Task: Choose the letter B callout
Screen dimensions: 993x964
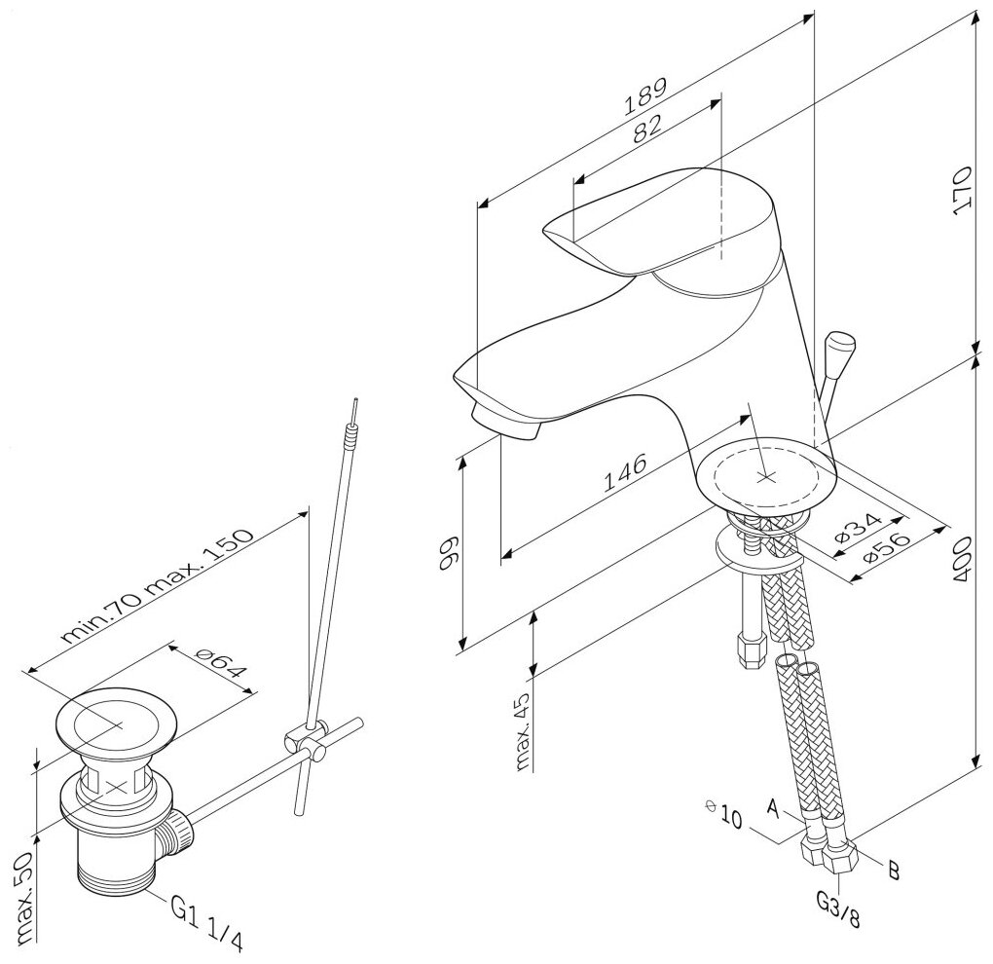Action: [893, 870]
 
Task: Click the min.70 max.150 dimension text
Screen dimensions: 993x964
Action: [156, 588]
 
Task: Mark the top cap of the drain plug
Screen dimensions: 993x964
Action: [116, 722]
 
